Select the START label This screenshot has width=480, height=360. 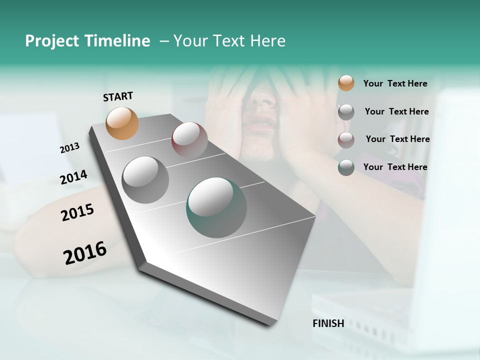[x=118, y=96]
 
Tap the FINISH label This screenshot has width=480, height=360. [x=328, y=323]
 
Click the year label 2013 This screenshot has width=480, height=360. [x=69, y=148]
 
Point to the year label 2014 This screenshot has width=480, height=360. [x=73, y=177]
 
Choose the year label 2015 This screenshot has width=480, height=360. [x=77, y=212]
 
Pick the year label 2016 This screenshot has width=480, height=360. [x=85, y=252]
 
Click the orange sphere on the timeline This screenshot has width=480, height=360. [x=122, y=123]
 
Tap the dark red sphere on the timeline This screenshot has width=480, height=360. [x=189, y=139]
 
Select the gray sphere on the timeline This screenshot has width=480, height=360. [x=145, y=180]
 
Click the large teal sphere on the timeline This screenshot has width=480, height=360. [x=216, y=207]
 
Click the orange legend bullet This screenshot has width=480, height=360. [x=346, y=83]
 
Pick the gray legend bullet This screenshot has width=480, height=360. [x=346, y=111]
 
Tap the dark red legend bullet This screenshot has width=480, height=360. [x=346, y=139]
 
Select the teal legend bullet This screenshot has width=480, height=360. [x=346, y=167]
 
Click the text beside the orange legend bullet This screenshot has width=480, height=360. [x=395, y=83]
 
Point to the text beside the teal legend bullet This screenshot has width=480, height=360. [x=395, y=167]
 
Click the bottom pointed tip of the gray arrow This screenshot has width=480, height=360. [x=272, y=324]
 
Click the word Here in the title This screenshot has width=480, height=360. [x=267, y=41]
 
